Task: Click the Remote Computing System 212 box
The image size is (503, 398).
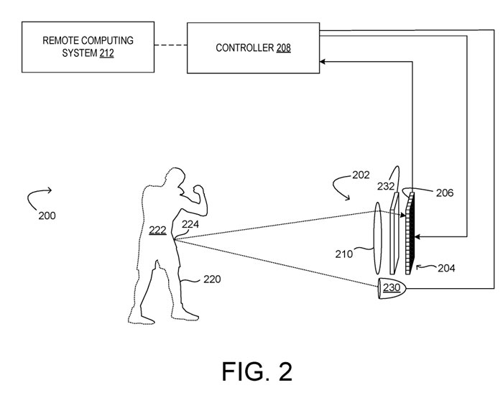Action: [88, 47]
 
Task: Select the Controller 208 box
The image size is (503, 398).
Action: [253, 48]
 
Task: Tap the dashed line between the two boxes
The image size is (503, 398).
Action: [171, 45]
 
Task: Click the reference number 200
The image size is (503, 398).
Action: [47, 216]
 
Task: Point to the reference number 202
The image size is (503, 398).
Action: [361, 175]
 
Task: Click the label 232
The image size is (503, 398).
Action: [386, 186]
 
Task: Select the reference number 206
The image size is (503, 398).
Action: [445, 193]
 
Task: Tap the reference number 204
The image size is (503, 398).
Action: [446, 268]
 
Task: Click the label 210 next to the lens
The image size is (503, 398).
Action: [344, 254]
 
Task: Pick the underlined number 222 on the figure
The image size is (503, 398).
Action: [157, 231]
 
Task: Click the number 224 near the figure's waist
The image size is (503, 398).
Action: [190, 224]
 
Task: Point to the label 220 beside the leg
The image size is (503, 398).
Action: [212, 279]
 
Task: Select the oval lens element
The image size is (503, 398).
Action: [377, 238]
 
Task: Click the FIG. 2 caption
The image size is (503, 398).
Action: [257, 371]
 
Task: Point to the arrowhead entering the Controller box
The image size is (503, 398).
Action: [323, 62]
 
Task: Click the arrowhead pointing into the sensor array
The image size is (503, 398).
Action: [417, 237]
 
